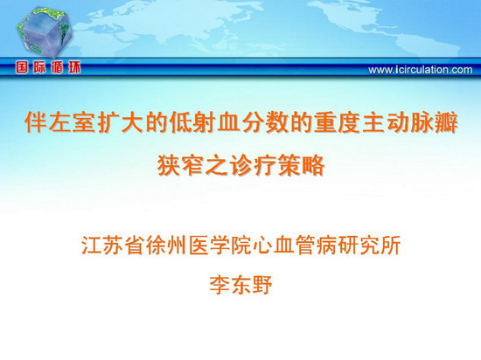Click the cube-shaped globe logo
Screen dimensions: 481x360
[x=45, y=31]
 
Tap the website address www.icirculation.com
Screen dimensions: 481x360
[x=421, y=70]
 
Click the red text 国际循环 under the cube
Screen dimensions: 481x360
[x=48, y=67]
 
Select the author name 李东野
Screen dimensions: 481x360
[x=240, y=285]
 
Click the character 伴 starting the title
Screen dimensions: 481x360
[x=36, y=122]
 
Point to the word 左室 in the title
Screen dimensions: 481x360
[x=72, y=122]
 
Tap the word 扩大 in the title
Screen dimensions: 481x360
[x=120, y=122]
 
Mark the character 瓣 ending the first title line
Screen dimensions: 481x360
[x=446, y=122]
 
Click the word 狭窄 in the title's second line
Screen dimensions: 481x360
[x=181, y=165]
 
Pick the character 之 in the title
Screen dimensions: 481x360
[x=217, y=165]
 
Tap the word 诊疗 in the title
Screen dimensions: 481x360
[x=253, y=165]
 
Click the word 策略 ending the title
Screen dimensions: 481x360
[x=301, y=165]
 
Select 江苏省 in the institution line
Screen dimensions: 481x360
[x=113, y=245]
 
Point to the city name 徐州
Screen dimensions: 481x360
[x=166, y=245]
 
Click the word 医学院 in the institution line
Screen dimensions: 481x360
[x=220, y=245]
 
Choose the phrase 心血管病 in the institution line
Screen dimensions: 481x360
[x=295, y=245]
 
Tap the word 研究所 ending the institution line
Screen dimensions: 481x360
[x=369, y=245]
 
